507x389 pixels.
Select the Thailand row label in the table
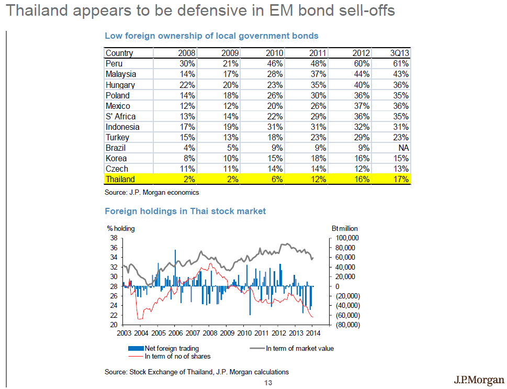click(x=120, y=179)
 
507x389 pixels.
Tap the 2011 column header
click(x=318, y=53)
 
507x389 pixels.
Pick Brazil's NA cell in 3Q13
click(x=403, y=148)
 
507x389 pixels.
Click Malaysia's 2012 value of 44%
click(x=362, y=74)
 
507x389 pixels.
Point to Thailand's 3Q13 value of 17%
click(x=401, y=179)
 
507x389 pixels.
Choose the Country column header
click(x=119, y=53)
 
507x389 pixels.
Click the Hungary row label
click(x=120, y=85)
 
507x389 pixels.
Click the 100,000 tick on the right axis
click(x=345, y=238)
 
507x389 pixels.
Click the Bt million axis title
click(x=345, y=229)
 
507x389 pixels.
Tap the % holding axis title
click(x=121, y=229)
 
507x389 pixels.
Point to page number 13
click(x=268, y=383)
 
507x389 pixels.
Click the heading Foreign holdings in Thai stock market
click(x=185, y=212)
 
